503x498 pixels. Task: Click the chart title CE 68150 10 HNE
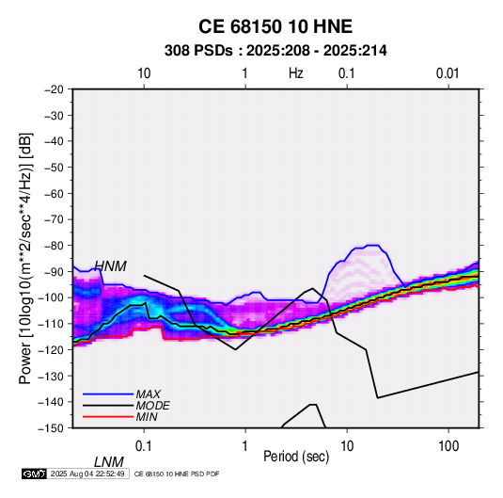point(275,26)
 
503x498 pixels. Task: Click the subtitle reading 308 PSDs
point(198,51)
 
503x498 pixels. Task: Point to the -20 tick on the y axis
point(54,89)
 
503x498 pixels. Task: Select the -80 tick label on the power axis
point(54,246)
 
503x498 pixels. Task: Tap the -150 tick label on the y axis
point(52,428)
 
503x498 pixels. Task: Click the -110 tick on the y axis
point(52,324)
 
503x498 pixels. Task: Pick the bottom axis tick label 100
point(448,446)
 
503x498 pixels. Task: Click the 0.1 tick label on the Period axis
point(144,446)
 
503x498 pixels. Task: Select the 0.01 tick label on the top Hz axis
point(448,73)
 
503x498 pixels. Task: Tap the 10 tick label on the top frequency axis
point(144,73)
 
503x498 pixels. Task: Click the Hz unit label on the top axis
point(296,73)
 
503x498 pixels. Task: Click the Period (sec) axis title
point(296,457)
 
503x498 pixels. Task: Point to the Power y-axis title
point(25,258)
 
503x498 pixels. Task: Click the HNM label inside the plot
point(110,266)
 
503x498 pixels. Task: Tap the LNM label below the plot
point(108,462)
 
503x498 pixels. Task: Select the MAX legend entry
point(148,394)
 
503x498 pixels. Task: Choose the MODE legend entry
point(152,406)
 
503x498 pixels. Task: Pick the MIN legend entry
point(147,417)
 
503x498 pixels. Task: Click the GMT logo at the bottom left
point(35,474)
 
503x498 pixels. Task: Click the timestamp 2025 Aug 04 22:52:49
point(87,474)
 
